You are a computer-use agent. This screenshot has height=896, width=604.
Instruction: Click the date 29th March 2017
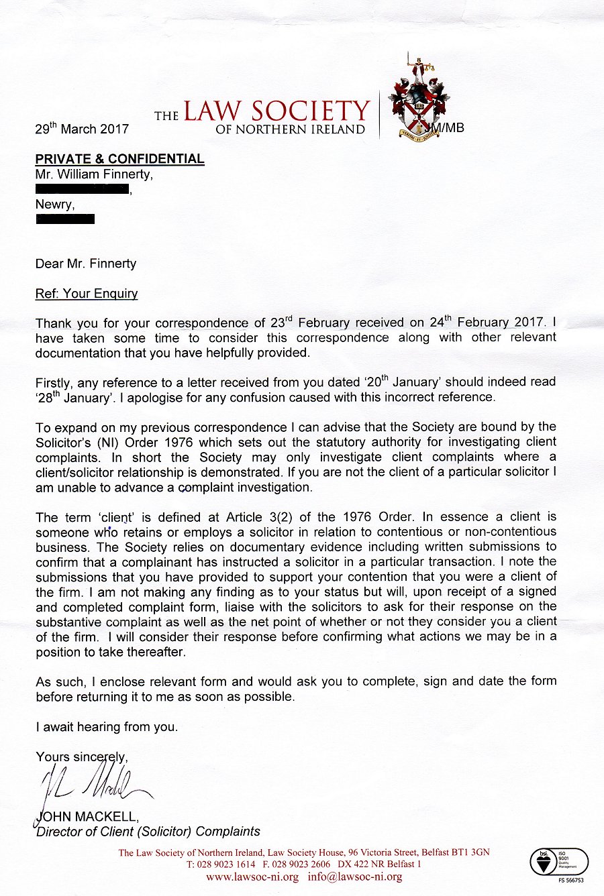[x=81, y=129]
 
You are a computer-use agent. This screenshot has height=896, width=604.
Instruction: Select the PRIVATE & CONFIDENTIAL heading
[x=119, y=159]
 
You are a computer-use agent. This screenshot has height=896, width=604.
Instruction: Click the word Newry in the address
[x=55, y=205]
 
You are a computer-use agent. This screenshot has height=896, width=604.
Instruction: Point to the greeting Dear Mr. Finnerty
[x=86, y=264]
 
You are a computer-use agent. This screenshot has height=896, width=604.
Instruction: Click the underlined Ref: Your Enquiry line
[x=87, y=293]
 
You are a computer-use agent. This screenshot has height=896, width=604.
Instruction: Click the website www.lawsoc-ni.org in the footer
[x=252, y=877]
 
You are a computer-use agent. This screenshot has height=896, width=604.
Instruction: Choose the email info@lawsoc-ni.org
[x=355, y=877]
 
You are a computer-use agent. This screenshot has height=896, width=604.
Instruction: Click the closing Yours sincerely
[x=81, y=757]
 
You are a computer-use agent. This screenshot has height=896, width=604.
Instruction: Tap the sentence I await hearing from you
[x=107, y=726]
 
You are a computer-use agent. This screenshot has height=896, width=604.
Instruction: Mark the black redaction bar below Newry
[x=65, y=219]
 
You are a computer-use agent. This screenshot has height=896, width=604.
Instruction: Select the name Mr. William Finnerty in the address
[x=94, y=174]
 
